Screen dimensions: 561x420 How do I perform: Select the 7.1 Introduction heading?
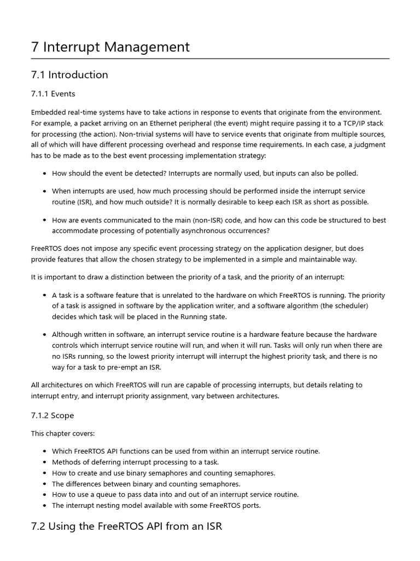click(x=69, y=75)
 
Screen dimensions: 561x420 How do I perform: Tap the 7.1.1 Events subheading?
click(x=53, y=94)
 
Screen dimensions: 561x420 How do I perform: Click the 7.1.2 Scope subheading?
click(x=52, y=415)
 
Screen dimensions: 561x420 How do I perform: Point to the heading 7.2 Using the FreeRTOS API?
click(x=126, y=526)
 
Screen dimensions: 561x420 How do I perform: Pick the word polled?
click(x=347, y=173)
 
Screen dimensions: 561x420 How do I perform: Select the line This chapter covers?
click(x=63, y=433)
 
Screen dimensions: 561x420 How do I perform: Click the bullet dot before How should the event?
click(x=44, y=174)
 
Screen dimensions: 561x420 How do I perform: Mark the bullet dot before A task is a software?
click(x=44, y=295)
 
